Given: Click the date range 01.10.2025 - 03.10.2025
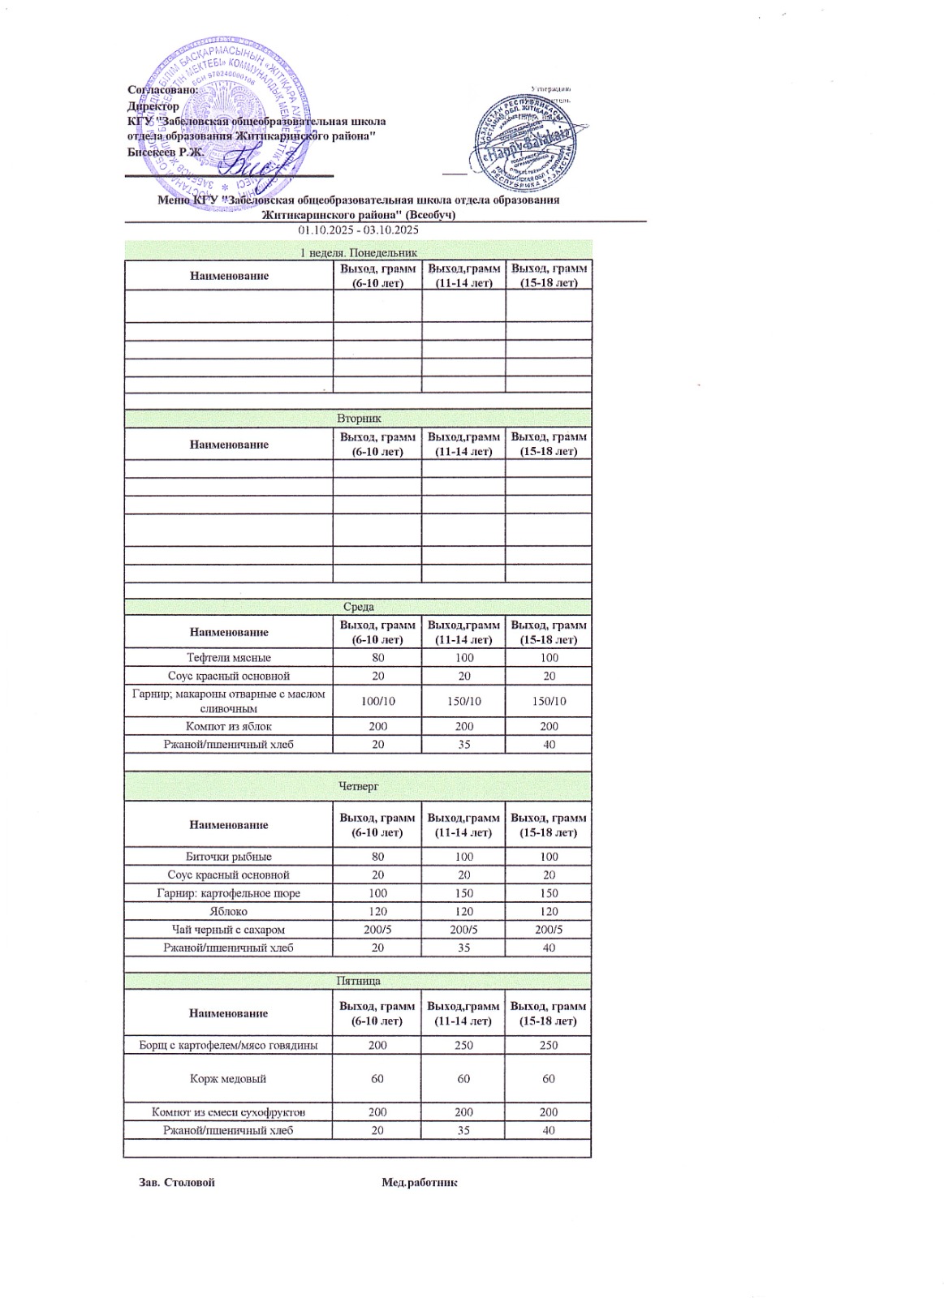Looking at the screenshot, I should coord(358,230).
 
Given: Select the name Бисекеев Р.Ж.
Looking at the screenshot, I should coord(166,151).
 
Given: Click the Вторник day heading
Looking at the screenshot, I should coord(359,419).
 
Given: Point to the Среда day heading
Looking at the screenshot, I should coord(358,607).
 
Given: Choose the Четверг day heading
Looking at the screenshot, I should coord(358,786).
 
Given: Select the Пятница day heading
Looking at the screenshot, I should coord(358,981).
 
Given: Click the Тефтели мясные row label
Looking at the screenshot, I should coord(229,658).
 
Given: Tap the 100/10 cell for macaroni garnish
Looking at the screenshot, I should coord(377,701).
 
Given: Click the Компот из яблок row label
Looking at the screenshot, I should coord(229,726).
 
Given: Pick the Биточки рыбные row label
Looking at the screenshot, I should coord(229,857).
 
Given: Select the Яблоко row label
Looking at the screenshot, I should coord(228,911).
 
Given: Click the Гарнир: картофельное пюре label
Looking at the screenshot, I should coord(229,893).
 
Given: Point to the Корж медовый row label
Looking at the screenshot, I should coord(228,1079).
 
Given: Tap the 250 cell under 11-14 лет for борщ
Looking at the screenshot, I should coord(463,1045).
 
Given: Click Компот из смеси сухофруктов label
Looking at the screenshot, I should coord(229,1112).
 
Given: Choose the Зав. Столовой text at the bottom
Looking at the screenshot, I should coord(177,1183).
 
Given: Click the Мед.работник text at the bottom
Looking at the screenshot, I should coord(420,1183).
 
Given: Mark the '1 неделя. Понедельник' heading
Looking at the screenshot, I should coord(358,253).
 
